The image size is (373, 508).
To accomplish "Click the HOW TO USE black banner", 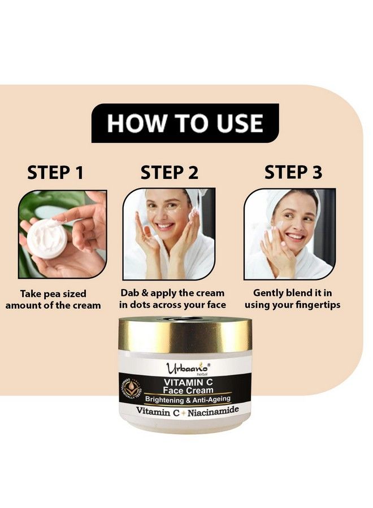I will point(185,123).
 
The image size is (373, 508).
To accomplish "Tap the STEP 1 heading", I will point(55,173).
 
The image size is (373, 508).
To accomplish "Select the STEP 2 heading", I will point(170,173).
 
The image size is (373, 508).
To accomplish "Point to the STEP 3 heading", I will point(293,173).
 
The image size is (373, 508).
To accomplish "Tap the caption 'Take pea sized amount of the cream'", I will point(53,300).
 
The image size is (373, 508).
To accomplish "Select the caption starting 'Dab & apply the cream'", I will point(172,299).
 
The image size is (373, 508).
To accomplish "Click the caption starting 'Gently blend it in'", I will point(292,299).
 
